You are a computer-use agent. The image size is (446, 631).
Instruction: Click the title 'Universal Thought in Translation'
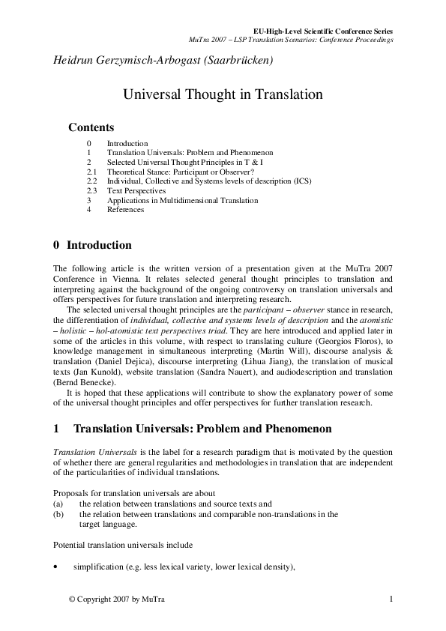[x=223, y=95]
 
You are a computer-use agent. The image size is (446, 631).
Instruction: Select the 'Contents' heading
[x=91, y=127]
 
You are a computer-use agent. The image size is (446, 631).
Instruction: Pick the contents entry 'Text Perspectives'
[x=136, y=191]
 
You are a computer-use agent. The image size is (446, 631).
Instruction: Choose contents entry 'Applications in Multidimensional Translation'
[x=182, y=201]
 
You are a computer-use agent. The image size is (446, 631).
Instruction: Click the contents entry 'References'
[x=125, y=210]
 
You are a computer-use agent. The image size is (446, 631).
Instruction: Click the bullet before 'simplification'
[x=56, y=567]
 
